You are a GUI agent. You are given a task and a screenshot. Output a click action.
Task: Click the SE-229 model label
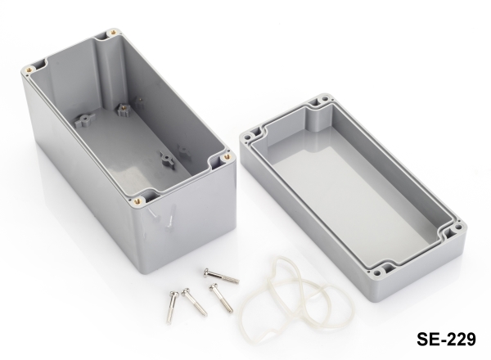446,339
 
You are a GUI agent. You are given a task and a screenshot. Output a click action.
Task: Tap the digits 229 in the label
460,339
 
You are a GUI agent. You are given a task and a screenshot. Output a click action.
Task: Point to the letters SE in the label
426,339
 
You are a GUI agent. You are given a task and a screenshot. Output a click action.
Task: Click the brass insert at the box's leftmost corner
29,70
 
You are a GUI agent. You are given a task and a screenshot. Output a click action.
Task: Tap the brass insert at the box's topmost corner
113,32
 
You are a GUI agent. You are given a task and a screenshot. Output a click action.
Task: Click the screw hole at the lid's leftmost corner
248,137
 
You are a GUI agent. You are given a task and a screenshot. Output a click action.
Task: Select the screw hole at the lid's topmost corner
325,99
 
